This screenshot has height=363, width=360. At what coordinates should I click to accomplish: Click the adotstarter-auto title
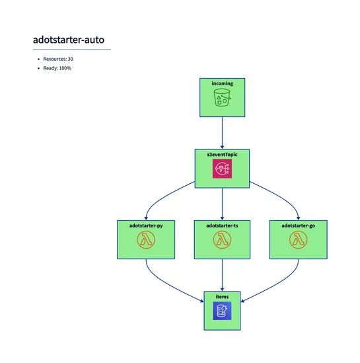coord(68,40)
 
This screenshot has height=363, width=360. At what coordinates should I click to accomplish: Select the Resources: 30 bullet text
coord(58,60)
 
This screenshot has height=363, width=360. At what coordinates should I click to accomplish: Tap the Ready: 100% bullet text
coord(57,69)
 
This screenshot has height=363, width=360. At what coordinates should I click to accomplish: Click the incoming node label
coord(222,83)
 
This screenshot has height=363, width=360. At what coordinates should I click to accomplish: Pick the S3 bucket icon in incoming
coord(222,99)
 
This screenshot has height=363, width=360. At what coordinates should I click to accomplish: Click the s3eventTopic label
coord(222,154)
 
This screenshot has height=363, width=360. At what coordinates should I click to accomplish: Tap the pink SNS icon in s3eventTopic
coord(222,170)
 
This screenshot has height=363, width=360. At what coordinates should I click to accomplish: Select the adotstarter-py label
coord(145,225)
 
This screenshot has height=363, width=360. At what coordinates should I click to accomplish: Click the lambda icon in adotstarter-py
coord(145,241)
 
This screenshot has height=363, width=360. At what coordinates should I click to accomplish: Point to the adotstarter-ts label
coord(222,225)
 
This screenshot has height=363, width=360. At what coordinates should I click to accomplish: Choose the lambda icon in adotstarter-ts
coord(222,241)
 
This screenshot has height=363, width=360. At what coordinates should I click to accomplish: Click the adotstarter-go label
coord(299,225)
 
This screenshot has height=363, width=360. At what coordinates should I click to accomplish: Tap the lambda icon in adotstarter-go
coord(299,241)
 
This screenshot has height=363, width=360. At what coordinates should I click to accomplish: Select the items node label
coord(222,297)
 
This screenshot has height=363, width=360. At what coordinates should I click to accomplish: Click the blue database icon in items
coord(222,311)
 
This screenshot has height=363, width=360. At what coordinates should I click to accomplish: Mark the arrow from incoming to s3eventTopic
coord(222,132)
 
